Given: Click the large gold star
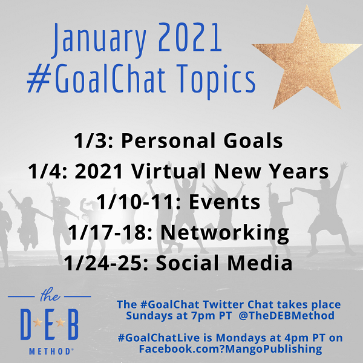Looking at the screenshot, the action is click(x=307, y=59).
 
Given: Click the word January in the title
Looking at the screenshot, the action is click(x=99, y=41).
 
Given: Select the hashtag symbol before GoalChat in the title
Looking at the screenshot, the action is click(x=39, y=79).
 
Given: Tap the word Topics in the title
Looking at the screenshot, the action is click(x=217, y=80).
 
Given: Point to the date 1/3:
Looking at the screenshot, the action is click(x=93, y=140).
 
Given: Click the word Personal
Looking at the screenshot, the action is click(x=169, y=140).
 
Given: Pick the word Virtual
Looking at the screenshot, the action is click(x=168, y=171).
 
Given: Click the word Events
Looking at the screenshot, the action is click(x=224, y=202).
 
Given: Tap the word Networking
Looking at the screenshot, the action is click(x=225, y=234).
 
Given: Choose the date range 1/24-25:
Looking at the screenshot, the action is click(x=106, y=263).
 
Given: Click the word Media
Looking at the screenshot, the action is click(x=260, y=263).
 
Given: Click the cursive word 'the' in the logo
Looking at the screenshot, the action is click(x=50, y=295).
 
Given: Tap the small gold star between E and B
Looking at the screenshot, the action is click(x=60, y=322).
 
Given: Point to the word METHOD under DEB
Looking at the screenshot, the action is click(x=50, y=352).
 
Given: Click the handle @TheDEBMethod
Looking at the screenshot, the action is click(x=286, y=316).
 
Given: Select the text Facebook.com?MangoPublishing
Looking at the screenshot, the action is click(x=231, y=349).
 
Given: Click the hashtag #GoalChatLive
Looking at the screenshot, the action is click(x=159, y=338).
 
